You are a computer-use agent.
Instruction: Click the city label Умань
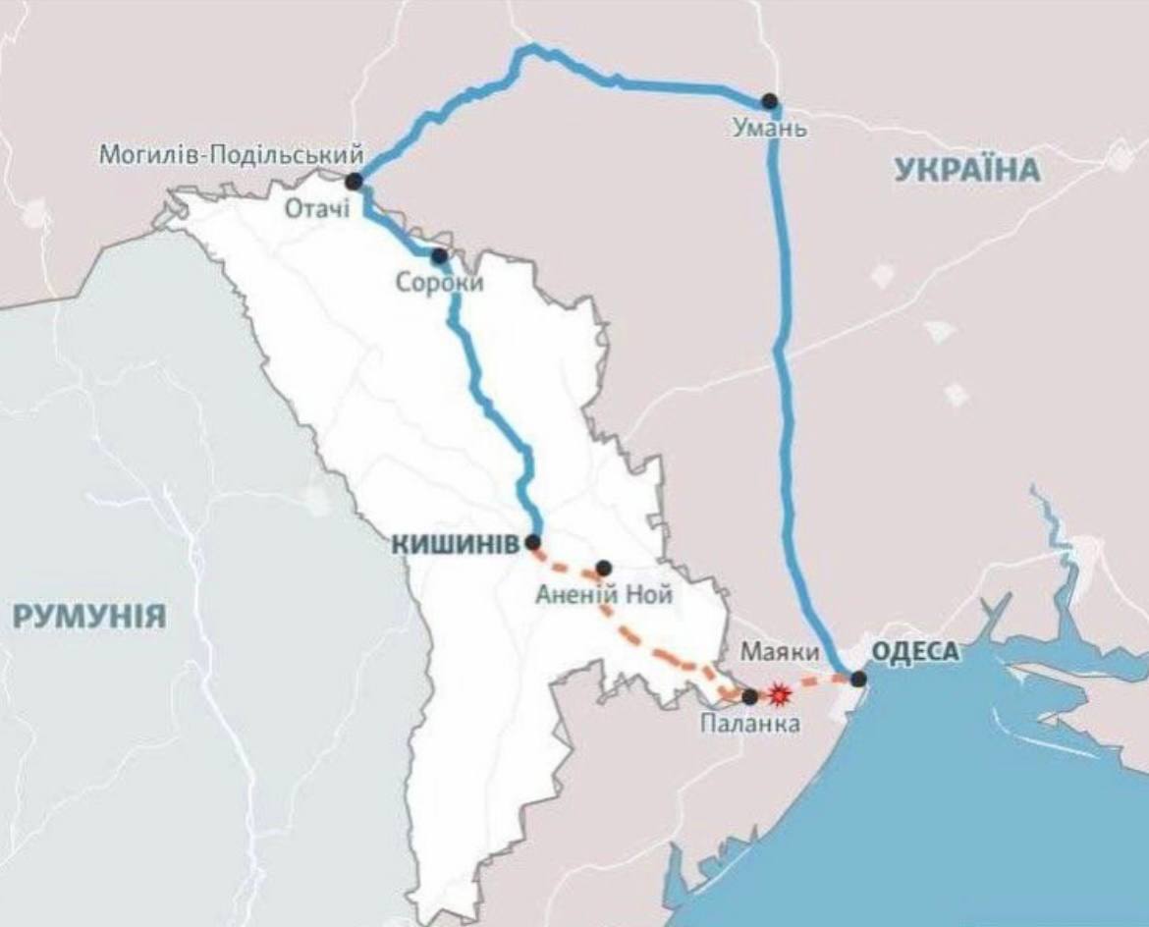tap(770, 128)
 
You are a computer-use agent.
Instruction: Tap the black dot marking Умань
tap(770, 100)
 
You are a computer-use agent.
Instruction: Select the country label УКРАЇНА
tap(966, 170)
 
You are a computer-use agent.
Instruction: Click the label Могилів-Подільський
tap(232, 154)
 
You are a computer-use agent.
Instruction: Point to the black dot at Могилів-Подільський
tap(355, 181)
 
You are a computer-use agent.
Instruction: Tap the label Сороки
tap(439, 282)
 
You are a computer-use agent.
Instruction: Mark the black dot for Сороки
tap(439, 256)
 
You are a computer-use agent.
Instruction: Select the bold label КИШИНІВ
tap(455, 544)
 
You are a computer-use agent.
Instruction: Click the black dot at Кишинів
tap(533, 542)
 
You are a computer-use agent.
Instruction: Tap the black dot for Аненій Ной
tap(604, 568)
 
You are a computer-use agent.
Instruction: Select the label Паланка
tap(749, 725)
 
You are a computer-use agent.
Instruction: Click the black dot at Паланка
tap(750, 696)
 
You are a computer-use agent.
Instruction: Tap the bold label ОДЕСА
tap(914, 652)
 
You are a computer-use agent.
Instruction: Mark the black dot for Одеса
tap(858, 678)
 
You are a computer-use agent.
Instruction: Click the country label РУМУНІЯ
tap(89, 617)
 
